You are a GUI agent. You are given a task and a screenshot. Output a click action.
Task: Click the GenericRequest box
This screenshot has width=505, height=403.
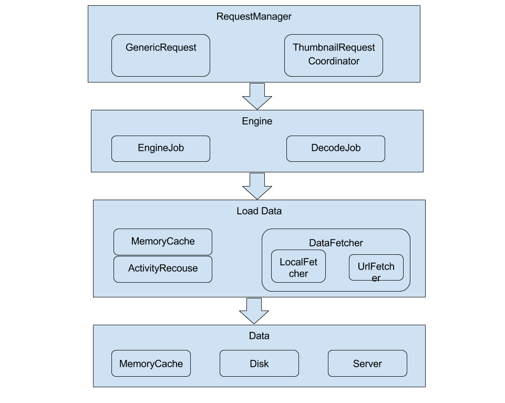[x=161, y=55]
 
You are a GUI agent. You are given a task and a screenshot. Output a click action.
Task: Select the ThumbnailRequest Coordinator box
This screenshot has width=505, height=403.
[x=333, y=55]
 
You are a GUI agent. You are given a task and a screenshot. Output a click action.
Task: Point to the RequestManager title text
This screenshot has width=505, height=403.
[x=254, y=16]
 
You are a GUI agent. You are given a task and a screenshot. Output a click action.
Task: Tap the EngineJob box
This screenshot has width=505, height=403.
[x=161, y=149]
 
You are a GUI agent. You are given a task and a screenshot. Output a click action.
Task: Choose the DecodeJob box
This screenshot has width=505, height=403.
[x=336, y=149]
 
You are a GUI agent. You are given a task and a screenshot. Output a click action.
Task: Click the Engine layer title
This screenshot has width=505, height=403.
[x=257, y=121]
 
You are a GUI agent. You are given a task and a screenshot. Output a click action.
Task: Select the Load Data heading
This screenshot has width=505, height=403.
[x=259, y=211]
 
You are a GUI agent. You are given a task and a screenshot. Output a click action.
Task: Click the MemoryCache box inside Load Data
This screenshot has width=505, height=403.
[x=163, y=242]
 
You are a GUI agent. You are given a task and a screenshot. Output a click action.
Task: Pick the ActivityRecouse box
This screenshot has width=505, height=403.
[x=163, y=268]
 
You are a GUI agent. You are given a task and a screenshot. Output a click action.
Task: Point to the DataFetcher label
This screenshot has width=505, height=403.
[x=336, y=243]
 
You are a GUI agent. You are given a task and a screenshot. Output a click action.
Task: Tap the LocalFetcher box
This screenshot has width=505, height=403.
[x=298, y=267]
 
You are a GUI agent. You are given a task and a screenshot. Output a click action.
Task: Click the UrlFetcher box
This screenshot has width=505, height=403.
[x=376, y=268]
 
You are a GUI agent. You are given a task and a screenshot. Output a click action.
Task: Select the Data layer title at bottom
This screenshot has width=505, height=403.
[x=259, y=336]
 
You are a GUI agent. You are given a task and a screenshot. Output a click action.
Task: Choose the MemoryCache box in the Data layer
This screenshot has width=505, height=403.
[x=151, y=364]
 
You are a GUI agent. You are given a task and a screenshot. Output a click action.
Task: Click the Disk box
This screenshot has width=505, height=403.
[x=259, y=364]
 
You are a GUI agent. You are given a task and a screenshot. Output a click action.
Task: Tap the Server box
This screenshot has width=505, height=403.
[x=367, y=364]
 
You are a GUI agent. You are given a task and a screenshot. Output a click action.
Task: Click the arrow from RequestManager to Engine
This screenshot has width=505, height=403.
[x=257, y=96]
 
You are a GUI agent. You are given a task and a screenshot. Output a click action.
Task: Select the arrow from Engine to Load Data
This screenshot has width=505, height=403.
[x=257, y=185]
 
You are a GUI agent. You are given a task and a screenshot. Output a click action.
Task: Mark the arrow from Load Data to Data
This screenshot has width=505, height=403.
[x=254, y=311]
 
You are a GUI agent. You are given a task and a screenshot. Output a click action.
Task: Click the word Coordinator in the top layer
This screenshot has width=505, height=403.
[x=334, y=61]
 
